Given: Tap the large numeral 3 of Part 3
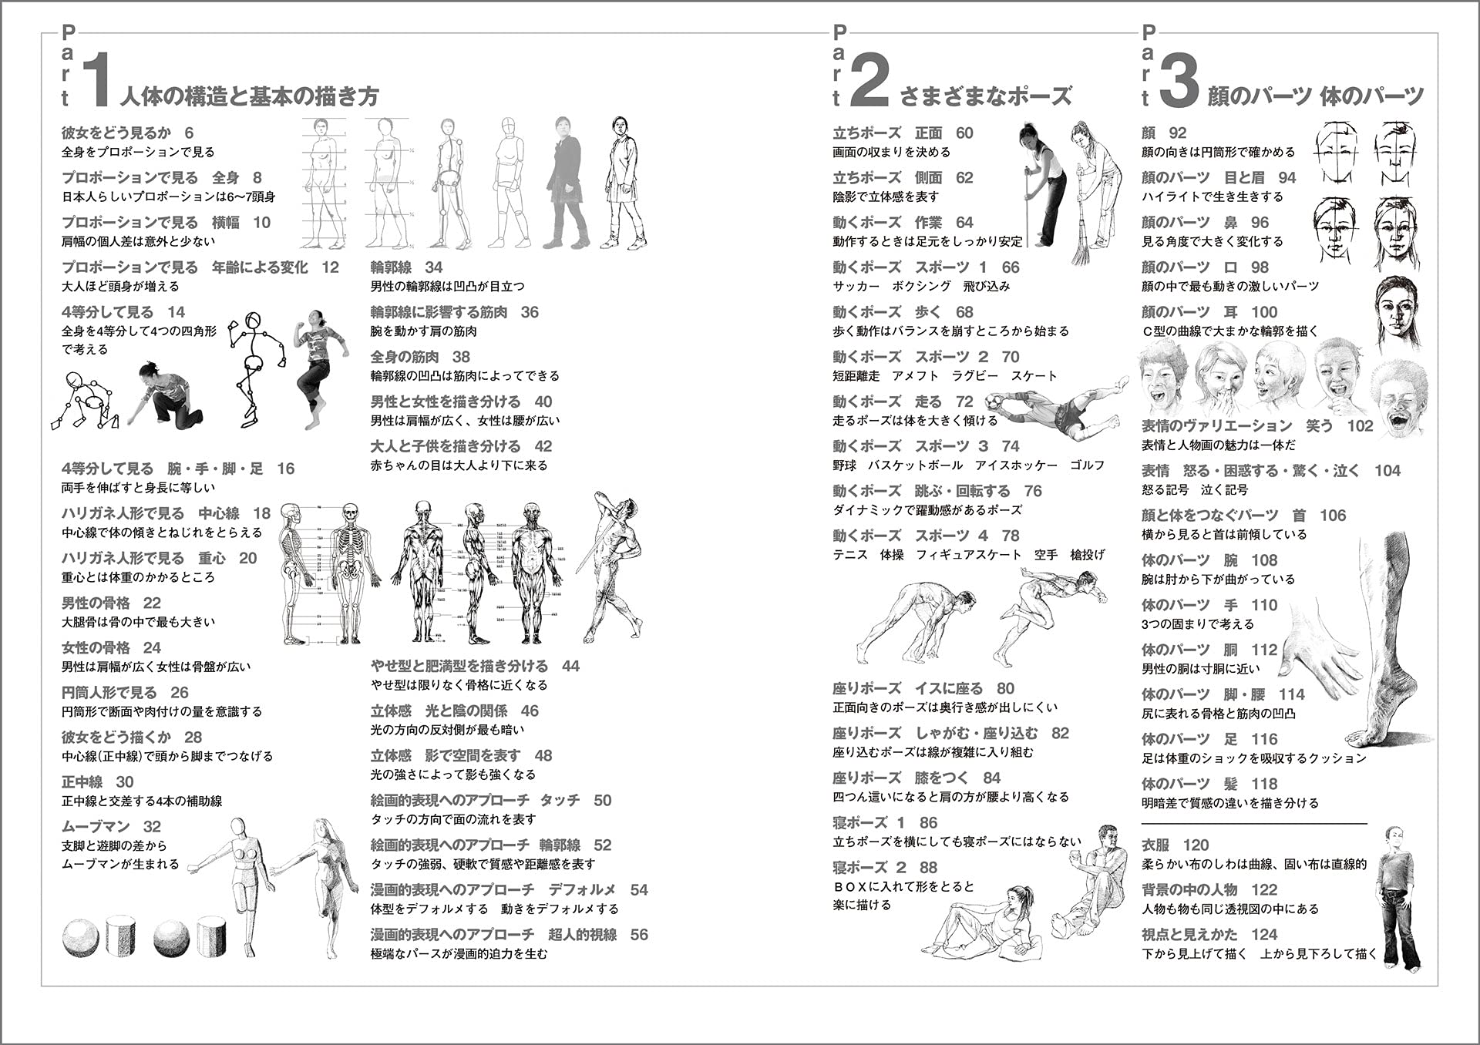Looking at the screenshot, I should (1179, 80).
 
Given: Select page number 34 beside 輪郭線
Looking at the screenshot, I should (433, 267).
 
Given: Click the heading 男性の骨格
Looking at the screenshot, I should (96, 603).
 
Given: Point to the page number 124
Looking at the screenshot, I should (1264, 934).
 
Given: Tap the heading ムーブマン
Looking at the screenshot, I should (96, 826).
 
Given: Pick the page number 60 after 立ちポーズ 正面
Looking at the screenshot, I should (964, 133).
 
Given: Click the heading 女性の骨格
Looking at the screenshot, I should (96, 647).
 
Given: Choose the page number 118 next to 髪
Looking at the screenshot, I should (1264, 784).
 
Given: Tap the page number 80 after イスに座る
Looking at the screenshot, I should (1005, 688).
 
